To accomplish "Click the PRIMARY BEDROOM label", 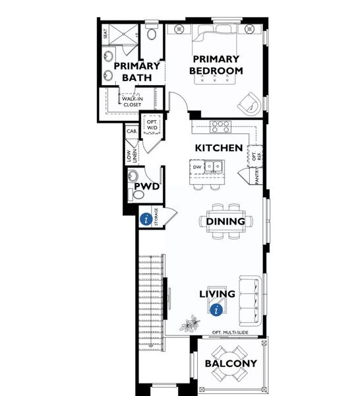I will tap(216, 65).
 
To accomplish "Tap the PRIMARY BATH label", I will tap(137, 71).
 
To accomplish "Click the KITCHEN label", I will tap(218, 148).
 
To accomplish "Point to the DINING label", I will tap(225, 222).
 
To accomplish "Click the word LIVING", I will tap(218, 294).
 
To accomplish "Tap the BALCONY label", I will tap(230, 364).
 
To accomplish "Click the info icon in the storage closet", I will tap(144, 219).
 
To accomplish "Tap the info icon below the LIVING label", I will tap(215, 308).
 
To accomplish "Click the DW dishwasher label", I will tap(196, 168).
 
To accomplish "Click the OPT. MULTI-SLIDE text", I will tap(230, 332).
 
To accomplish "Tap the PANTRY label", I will tap(258, 176).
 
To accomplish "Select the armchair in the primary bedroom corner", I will tap(250, 101).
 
